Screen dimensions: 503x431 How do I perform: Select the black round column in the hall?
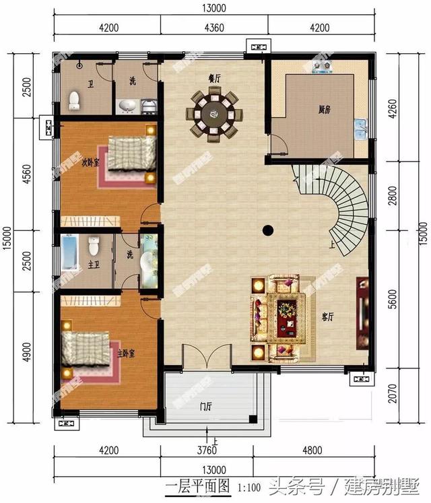click(268, 230)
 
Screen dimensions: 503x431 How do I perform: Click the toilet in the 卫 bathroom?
click(75, 101)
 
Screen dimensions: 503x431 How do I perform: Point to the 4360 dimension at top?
click(214, 27)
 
